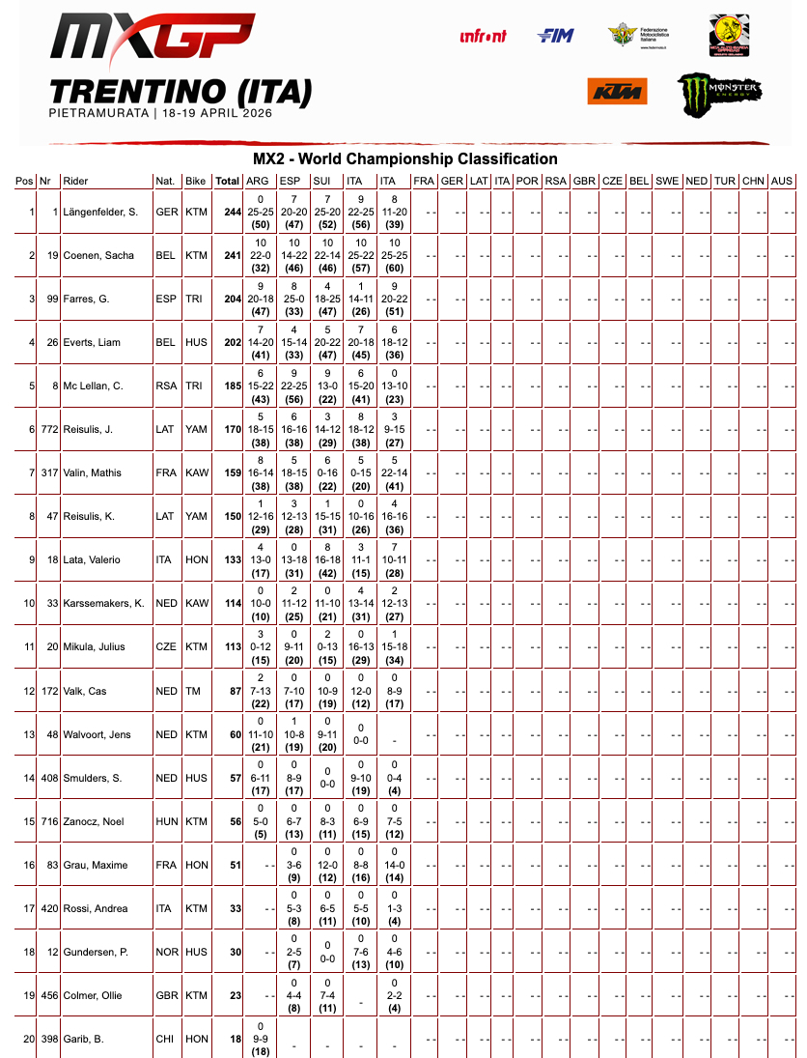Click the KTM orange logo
(617, 92)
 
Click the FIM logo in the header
(555, 36)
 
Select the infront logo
(483, 37)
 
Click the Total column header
(228, 182)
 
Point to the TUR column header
(725, 182)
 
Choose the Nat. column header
(165, 182)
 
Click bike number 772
(48, 430)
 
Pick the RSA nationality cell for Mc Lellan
(166, 386)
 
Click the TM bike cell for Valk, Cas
(195, 691)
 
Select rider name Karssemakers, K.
(103, 604)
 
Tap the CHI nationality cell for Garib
(165, 1039)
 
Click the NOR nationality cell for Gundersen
(166, 952)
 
